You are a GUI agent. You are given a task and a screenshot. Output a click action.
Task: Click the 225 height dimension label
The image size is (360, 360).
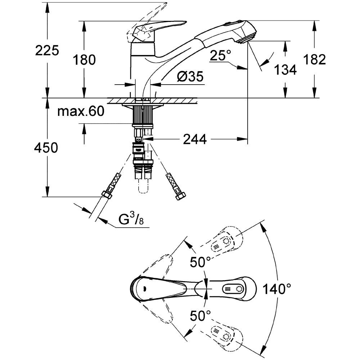[47, 50]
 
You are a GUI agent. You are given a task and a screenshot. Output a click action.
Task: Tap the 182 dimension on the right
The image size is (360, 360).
[315, 60]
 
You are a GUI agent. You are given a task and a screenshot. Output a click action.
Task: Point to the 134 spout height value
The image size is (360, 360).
[285, 70]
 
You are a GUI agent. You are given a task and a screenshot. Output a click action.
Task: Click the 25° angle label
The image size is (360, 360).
[220, 55]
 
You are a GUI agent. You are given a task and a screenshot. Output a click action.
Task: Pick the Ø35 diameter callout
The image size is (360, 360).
[190, 76]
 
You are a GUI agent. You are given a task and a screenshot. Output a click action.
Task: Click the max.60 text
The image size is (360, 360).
[81, 111]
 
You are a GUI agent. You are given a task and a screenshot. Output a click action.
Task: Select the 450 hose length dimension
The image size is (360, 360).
[46, 148]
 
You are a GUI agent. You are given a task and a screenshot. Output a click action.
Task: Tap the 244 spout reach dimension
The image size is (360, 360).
[195, 139]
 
